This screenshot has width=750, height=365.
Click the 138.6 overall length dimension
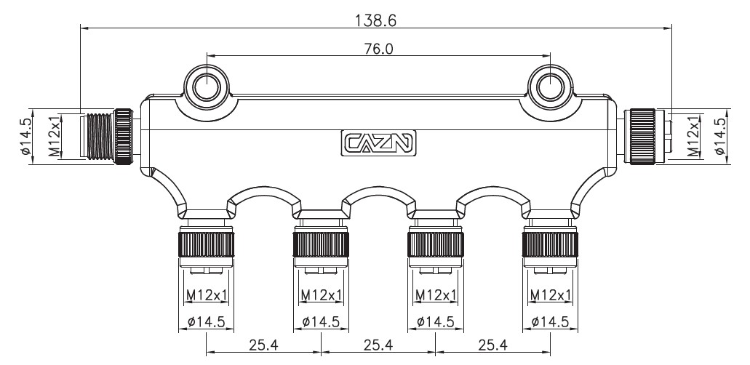(x=375, y=20)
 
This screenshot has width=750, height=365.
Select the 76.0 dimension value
(x=378, y=49)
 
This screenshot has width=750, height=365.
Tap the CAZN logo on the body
(x=378, y=143)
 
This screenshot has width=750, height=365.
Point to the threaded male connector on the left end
(x=107, y=137)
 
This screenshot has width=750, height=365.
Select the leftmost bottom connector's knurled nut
(x=206, y=245)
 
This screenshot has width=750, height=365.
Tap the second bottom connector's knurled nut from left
(x=321, y=245)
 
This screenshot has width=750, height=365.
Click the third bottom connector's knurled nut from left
(x=435, y=245)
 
